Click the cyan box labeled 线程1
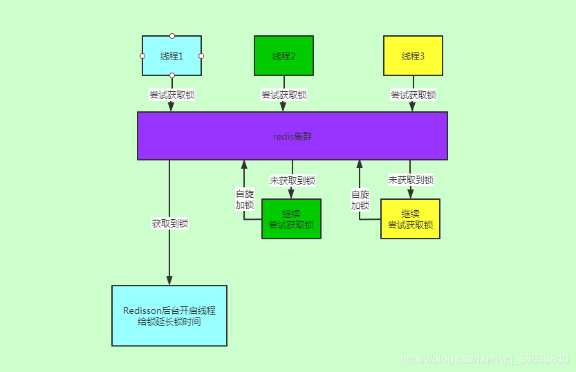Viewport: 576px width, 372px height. click(171, 55)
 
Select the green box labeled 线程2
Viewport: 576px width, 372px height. click(284, 56)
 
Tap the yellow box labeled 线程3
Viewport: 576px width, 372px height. click(413, 56)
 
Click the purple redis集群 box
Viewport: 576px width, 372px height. click(292, 136)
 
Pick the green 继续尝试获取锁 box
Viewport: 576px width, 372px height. click(291, 219)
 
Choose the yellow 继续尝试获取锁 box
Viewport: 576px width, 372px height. click(410, 219)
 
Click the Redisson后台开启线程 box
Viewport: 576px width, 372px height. click(169, 316)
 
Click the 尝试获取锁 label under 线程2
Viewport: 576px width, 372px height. click(284, 95)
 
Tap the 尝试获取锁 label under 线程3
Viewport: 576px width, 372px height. click(413, 95)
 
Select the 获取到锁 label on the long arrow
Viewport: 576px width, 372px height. click(170, 223)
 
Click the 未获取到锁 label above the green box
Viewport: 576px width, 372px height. click(292, 180)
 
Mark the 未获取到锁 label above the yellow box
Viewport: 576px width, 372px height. click(411, 180)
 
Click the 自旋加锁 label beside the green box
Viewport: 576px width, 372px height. click(244, 200)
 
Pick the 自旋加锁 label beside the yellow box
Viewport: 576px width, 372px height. click(360, 200)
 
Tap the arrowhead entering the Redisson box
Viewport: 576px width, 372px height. click(169, 280)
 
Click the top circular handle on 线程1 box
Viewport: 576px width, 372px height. click(172, 36)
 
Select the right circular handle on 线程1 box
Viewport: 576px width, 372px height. click(201, 56)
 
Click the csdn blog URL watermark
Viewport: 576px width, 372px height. click(485, 360)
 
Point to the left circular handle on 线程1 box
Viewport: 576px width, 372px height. click(142, 56)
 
